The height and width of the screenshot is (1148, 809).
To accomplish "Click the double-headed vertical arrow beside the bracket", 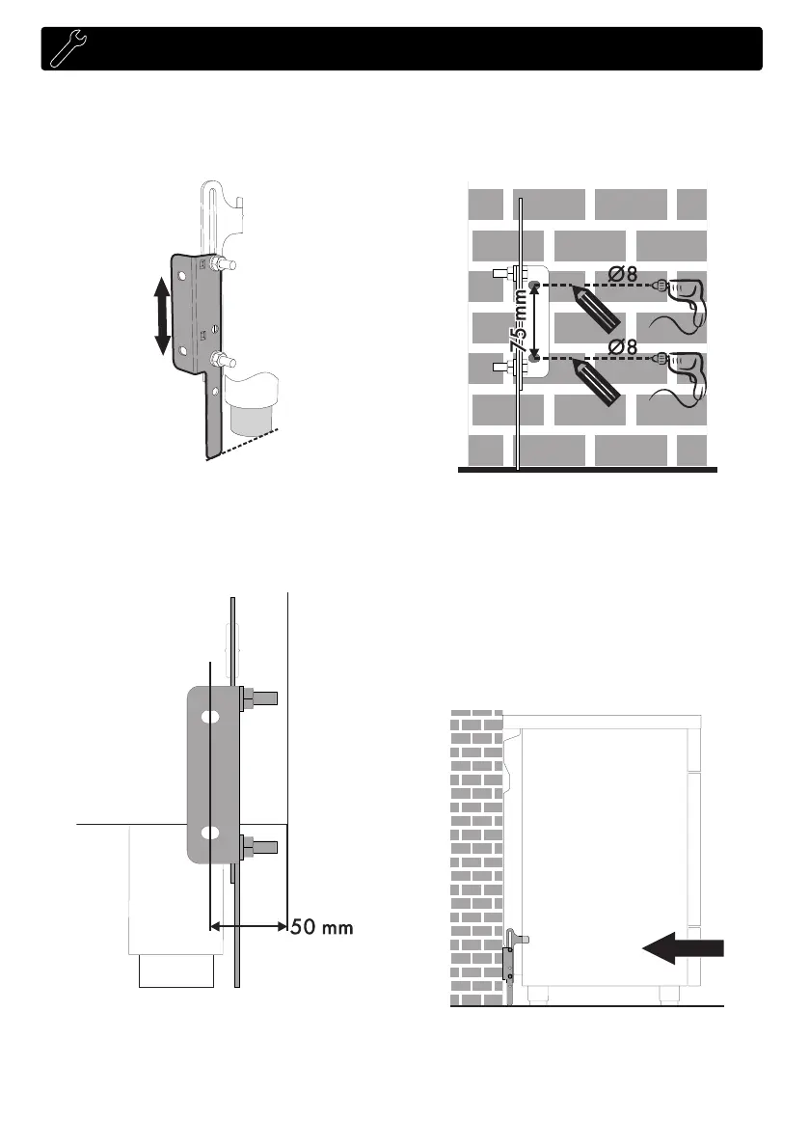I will (162, 314).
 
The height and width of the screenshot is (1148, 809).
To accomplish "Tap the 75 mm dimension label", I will (521, 323).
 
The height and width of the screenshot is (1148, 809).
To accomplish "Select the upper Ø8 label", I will (618, 273).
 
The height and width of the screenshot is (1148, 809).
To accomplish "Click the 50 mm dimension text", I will (323, 928).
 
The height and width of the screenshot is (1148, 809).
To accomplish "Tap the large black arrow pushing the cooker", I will (683, 949).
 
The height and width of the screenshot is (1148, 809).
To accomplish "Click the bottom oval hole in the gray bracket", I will (208, 833).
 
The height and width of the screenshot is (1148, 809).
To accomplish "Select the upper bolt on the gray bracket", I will (258, 696).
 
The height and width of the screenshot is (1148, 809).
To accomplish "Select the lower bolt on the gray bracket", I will (258, 848).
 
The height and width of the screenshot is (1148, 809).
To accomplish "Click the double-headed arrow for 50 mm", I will (248, 926).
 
